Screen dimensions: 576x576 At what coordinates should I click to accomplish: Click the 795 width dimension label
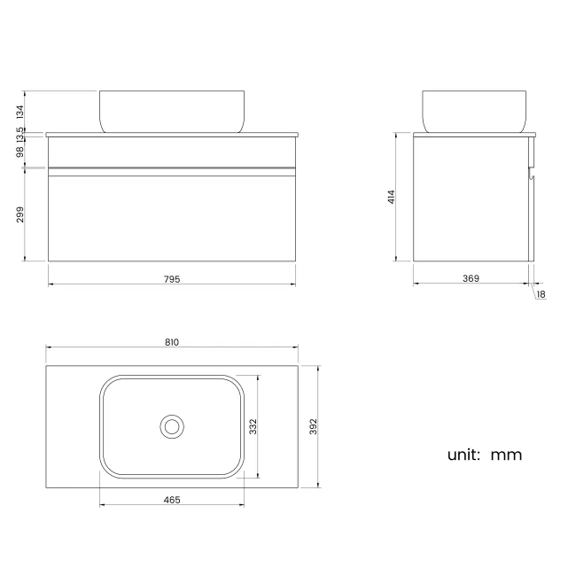172,279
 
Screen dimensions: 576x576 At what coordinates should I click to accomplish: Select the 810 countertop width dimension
172,342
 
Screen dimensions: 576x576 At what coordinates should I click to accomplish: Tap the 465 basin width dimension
172,501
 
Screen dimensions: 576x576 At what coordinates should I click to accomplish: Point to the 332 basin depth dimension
253,427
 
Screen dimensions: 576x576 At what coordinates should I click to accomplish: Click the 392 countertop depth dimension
313,427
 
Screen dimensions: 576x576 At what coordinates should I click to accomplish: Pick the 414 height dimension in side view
391,198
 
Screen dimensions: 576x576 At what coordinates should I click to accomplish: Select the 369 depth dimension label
471,279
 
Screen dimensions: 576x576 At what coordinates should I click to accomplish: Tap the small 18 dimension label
541,294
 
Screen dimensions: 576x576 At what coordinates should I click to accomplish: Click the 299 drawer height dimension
19,215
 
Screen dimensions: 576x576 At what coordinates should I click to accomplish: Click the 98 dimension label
19,152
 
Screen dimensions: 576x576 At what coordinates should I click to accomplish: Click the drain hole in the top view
172,426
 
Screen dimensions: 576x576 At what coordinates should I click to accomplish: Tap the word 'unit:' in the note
463,455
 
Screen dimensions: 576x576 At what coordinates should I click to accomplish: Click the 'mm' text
506,455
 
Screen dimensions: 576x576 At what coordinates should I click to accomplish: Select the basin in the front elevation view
172,111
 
